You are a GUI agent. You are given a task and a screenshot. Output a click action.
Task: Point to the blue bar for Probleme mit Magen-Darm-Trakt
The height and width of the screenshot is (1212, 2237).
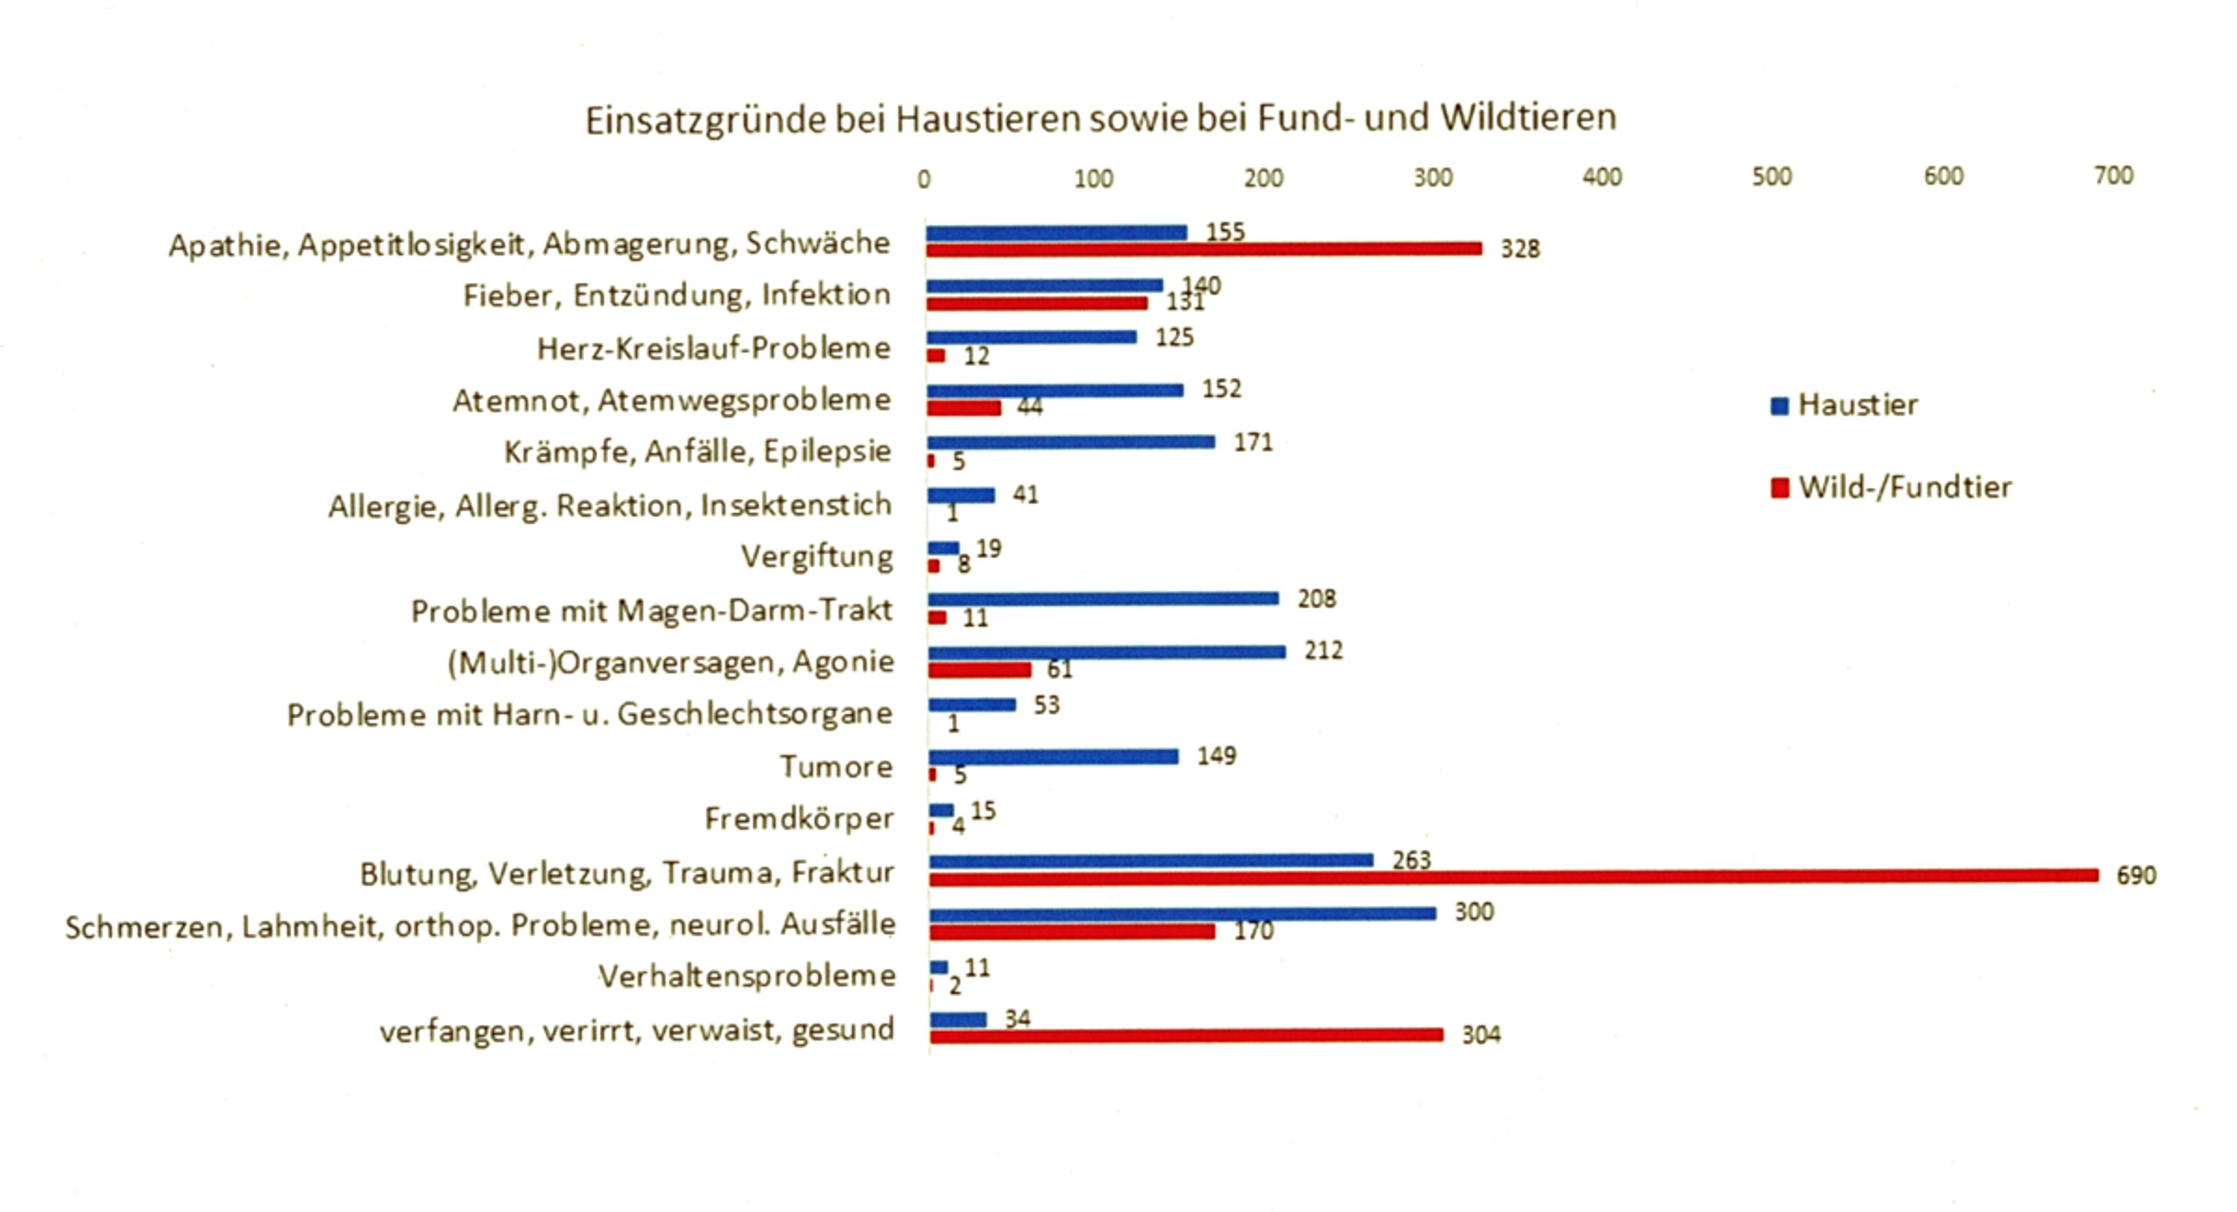[1103, 598]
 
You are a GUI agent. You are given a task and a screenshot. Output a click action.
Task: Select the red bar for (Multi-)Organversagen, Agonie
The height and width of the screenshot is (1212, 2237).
[980, 670]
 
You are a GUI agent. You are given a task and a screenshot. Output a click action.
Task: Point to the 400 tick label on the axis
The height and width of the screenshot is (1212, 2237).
[1601, 177]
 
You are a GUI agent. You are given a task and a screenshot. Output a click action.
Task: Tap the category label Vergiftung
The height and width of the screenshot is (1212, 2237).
[816, 556]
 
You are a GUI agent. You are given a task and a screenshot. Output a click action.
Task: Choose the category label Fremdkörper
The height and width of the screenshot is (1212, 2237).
[798, 818]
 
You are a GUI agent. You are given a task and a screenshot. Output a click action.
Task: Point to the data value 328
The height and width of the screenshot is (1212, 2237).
[1520, 249]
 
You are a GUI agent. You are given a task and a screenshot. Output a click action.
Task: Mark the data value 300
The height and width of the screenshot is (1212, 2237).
[1474, 912]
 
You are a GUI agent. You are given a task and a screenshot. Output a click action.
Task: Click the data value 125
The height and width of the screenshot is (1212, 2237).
[1174, 337]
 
